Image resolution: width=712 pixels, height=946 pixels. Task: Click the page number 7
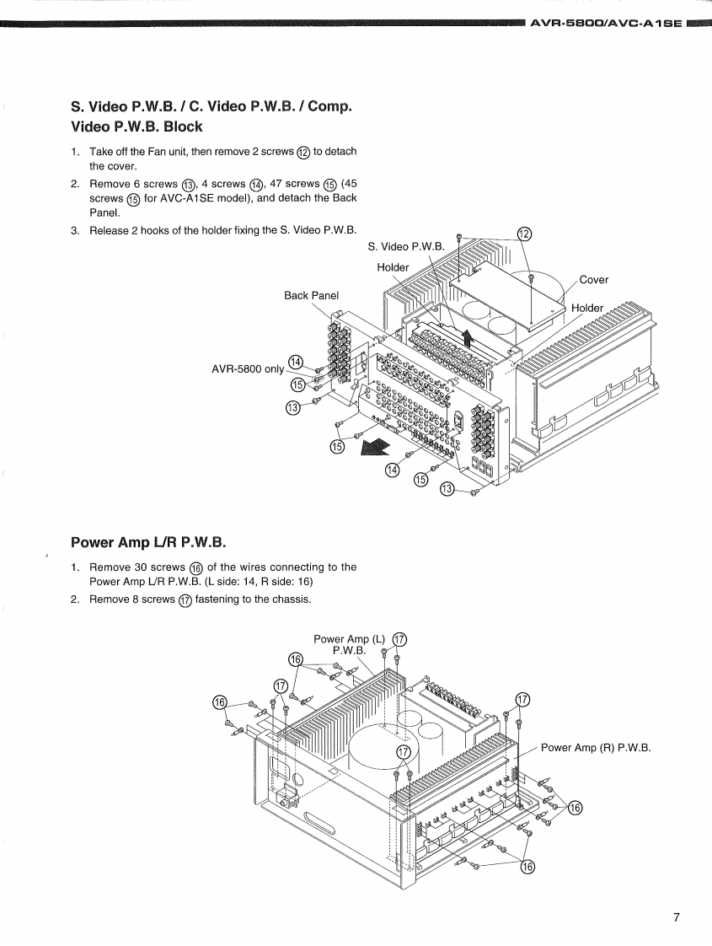pos(677,917)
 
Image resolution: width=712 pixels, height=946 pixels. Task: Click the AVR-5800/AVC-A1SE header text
pos(606,24)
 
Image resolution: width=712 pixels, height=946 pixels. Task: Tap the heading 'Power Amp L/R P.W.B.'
pos(148,542)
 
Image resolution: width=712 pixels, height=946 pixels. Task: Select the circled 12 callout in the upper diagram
pos(525,234)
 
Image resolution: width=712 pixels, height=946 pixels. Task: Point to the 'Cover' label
pos(594,279)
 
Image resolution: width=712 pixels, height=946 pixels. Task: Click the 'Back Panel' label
pos(311,295)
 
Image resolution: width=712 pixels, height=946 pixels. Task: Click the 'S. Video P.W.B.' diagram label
pos(406,246)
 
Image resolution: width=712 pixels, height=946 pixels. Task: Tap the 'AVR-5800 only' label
pos(248,368)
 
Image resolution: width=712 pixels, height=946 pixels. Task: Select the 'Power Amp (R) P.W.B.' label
pos(596,748)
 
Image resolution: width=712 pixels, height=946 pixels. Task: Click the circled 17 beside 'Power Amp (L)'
pos(399,639)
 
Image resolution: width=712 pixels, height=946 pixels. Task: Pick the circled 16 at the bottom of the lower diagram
pos(527,867)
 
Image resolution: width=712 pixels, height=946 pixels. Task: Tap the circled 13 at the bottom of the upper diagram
pos(447,489)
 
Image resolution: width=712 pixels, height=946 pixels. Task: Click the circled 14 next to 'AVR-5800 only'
pos(296,362)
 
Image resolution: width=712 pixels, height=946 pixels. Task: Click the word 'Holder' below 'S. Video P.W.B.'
pos(393,266)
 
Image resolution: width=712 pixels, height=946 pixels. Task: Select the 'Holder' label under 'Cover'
pos(587,308)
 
